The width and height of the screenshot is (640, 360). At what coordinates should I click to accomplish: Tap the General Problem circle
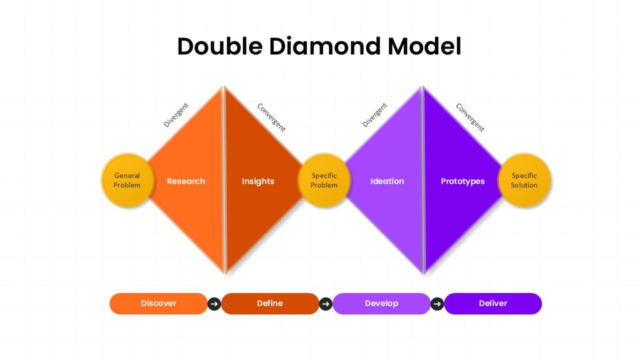pyautogui.click(x=127, y=181)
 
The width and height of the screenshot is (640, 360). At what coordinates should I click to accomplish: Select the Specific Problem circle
pyautogui.click(x=324, y=181)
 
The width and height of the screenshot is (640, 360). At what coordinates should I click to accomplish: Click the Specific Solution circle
pyautogui.click(x=524, y=181)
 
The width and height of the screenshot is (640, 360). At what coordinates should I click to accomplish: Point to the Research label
pyautogui.click(x=186, y=181)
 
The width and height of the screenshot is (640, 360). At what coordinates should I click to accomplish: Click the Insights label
pyautogui.click(x=258, y=181)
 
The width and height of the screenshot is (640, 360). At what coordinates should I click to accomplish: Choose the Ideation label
pyautogui.click(x=387, y=181)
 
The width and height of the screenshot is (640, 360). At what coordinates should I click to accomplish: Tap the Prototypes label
pyautogui.click(x=462, y=181)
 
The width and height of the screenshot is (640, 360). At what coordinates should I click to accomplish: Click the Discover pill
pyautogui.click(x=158, y=304)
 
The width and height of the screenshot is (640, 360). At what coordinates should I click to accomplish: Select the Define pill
pyautogui.click(x=270, y=304)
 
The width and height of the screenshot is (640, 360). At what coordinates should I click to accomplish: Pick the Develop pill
pyautogui.click(x=381, y=304)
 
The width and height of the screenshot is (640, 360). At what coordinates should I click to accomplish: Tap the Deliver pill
pyautogui.click(x=492, y=304)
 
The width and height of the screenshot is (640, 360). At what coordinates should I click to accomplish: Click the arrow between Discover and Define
pyautogui.click(x=214, y=304)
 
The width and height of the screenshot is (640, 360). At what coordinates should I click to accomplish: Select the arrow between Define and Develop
pyautogui.click(x=326, y=304)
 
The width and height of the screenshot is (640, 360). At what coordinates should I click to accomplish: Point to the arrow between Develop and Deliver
pyautogui.click(x=437, y=304)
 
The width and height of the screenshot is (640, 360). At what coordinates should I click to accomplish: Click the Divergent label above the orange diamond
pyautogui.click(x=176, y=115)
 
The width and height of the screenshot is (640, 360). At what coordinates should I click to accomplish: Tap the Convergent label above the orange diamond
pyautogui.click(x=271, y=117)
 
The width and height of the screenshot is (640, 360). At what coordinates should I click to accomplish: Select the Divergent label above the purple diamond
pyautogui.click(x=374, y=115)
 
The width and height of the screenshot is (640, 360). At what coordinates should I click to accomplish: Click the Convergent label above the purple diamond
pyautogui.click(x=470, y=117)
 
